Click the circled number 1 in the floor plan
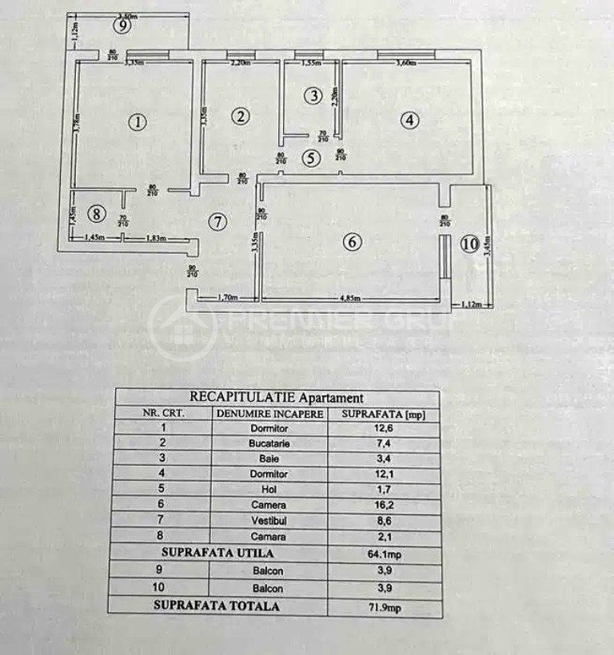138,122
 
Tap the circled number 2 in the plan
240,117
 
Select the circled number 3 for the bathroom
314,96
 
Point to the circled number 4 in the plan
409,121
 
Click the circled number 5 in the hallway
312,157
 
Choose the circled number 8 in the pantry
96,213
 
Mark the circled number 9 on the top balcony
122,26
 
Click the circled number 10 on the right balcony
469,244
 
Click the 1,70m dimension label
229,298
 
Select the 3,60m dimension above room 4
407,62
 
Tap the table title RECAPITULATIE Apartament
277,397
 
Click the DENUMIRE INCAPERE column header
269,414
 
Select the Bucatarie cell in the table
269,443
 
